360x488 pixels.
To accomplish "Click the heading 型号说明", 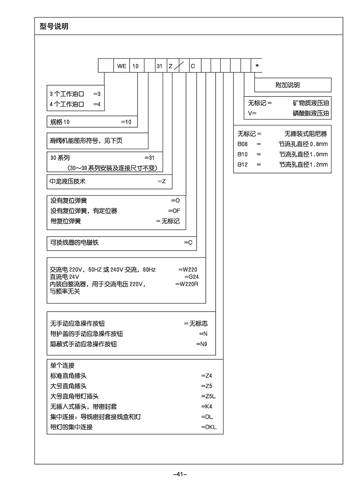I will (x=54, y=27).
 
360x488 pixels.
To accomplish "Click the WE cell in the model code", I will (x=122, y=66).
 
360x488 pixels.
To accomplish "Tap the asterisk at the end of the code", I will (x=257, y=66).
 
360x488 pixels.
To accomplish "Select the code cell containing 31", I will (x=160, y=66).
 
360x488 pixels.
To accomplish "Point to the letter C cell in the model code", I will (x=193, y=66).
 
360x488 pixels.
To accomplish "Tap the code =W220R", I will (x=187, y=284).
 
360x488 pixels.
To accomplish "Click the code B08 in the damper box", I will (x=243, y=144).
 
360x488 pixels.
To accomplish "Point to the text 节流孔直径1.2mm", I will (x=304, y=165).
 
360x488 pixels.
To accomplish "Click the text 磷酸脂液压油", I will (x=311, y=113).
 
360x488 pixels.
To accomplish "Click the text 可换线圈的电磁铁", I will (x=74, y=242).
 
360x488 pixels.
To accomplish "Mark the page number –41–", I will (x=180, y=474).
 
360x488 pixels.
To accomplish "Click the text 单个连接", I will (x=63, y=366).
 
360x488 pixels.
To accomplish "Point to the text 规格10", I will (x=60, y=122).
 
